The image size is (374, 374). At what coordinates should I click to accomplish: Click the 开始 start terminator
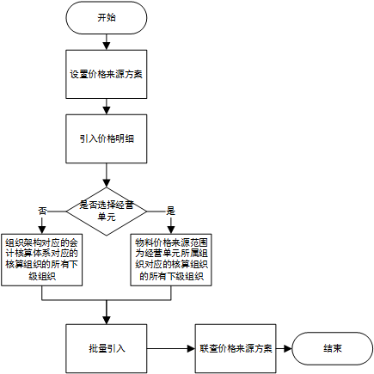(107, 18)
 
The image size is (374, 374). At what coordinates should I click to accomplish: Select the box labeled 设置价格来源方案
(107, 75)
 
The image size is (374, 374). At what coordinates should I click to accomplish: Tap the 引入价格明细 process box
(107, 139)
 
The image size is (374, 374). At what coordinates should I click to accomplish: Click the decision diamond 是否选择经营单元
(107, 212)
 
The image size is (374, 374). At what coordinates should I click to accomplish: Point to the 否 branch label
(42, 212)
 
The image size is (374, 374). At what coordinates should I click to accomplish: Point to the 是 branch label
(170, 212)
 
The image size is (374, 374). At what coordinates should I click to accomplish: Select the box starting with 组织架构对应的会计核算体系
(42, 260)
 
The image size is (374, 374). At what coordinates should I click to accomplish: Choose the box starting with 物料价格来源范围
(171, 260)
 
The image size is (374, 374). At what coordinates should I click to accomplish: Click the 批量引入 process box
(107, 349)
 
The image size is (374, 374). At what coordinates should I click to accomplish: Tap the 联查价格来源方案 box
(236, 349)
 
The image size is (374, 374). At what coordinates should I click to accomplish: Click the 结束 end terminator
(333, 349)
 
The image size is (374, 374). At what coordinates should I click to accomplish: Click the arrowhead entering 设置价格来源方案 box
(107, 46)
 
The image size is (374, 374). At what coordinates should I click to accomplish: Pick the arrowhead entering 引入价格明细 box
(107, 111)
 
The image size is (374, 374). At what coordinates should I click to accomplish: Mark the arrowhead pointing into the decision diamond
(107, 183)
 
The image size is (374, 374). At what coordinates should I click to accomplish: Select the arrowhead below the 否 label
(42, 230)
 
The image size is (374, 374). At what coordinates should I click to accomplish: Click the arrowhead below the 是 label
(171, 230)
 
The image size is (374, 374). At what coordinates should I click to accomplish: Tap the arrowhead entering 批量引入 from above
(107, 321)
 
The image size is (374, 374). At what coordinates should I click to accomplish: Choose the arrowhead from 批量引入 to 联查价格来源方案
(191, 349)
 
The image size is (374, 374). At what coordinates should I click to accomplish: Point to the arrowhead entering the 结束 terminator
(288, 349)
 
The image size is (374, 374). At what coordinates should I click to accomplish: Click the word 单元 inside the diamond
(107, 217)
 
